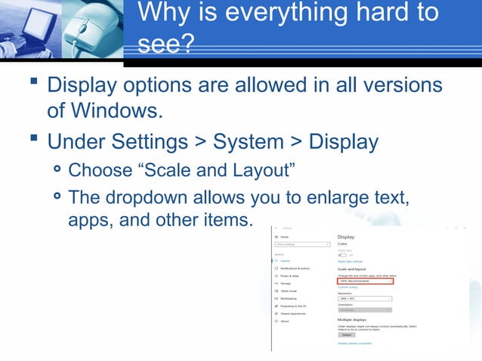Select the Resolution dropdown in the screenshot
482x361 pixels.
point(364,298)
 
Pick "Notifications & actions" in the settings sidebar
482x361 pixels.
point(295,268)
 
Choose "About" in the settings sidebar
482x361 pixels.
point(285,321)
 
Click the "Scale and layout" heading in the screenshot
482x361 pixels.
point(353,270)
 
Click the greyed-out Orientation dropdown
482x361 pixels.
point(364,310)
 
